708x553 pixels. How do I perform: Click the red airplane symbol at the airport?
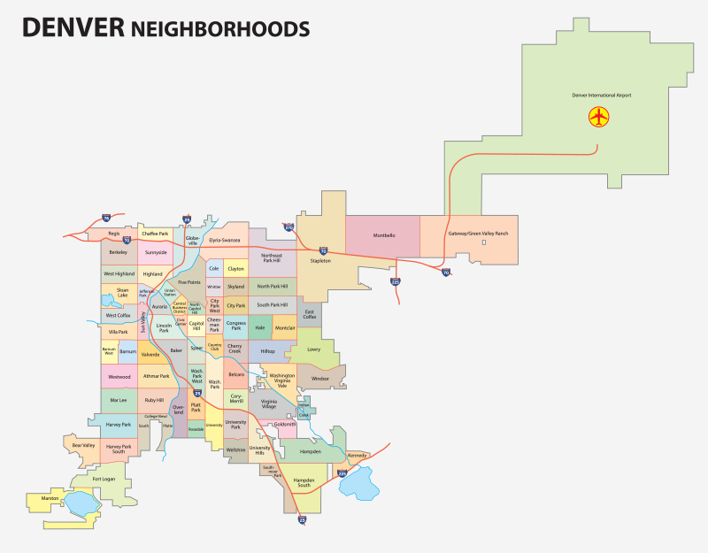(x=599, y=116)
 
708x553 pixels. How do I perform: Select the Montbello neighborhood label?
(x=383, y=234)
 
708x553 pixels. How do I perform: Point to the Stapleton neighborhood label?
(x=320, y=261)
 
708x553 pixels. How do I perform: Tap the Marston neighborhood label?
(x=50, y=498)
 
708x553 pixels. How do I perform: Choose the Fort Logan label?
(x=104, y=479)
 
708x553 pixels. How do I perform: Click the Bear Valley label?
(x=83, y=444)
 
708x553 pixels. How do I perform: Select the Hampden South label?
(x=304, y=484)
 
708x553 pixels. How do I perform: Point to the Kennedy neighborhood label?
(x=357, y=455)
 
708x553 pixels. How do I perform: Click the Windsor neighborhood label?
(x=320, y=378)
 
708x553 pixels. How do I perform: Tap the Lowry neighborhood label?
(x=313, y=349)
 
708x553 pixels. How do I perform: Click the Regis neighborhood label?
(x=113, y=234)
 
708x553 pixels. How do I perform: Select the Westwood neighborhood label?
(x=119, y=376)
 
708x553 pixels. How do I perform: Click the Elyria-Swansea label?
(x=225, y=240)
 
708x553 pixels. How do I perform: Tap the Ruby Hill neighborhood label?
(x=154, y=400)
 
